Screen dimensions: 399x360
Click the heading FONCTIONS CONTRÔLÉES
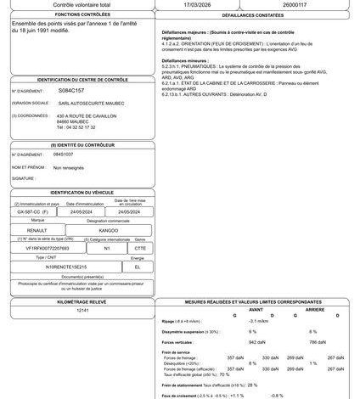coord(81,15)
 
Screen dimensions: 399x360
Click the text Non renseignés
coord(70,168)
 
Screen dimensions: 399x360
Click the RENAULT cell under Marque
coord(34,230)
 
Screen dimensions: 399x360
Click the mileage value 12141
coord(82,311)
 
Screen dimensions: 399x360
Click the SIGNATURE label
coord(24,179)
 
